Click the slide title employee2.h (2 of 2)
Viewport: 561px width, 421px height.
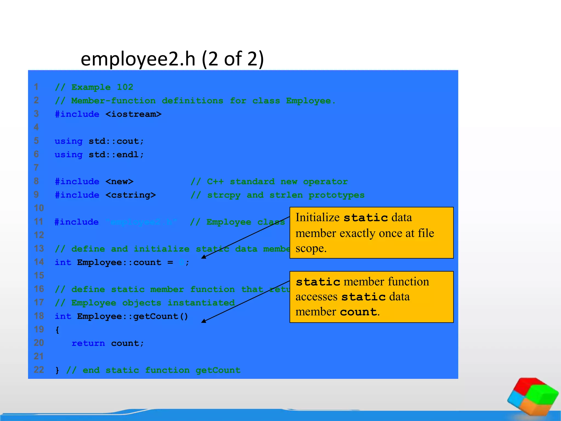[172, 59]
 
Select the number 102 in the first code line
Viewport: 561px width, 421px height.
[125, 87]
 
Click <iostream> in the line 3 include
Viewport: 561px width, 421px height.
[133, 114]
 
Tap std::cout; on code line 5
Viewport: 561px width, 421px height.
[116, 141]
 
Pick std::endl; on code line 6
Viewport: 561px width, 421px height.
[116, 155]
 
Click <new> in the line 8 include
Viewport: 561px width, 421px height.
[119, 181]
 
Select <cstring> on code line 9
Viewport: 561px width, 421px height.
[131, 195]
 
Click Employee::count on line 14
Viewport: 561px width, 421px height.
[119, 262]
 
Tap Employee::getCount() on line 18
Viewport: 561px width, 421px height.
[133, 316]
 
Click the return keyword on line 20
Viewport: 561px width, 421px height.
[88, 343]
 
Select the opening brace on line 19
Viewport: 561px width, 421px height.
[57, 330]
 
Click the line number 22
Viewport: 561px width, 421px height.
[39, 370]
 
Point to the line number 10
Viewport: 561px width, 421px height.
[39, 208]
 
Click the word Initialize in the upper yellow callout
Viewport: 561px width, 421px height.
[317, 217]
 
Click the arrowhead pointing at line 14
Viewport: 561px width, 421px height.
[204, 257]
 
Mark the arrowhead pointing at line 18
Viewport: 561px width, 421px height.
[204, 321]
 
